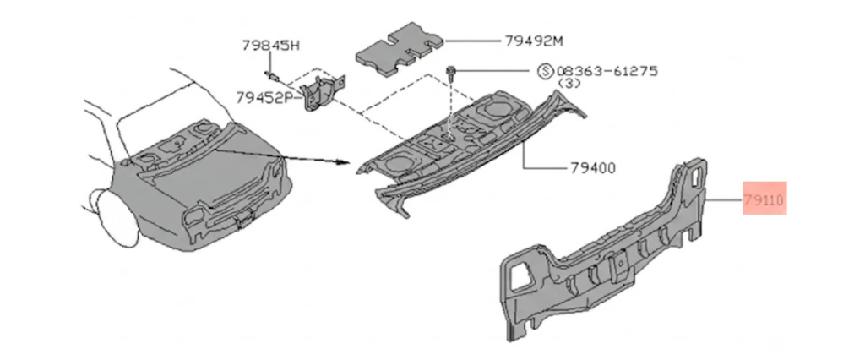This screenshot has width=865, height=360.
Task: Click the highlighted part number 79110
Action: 764,201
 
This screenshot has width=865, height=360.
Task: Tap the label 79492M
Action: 534,41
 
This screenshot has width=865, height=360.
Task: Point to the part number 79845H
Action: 271,46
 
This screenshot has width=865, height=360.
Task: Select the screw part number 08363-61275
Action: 607,71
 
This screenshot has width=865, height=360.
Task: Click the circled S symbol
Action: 545,71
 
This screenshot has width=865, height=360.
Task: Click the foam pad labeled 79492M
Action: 400,48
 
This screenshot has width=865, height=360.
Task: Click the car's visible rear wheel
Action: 118,218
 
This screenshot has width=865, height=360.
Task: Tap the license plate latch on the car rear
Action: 242,220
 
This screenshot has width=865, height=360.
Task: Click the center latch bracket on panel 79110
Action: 619,265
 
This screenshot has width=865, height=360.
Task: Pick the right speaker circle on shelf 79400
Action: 497,109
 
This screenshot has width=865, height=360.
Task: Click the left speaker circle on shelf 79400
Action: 399,161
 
